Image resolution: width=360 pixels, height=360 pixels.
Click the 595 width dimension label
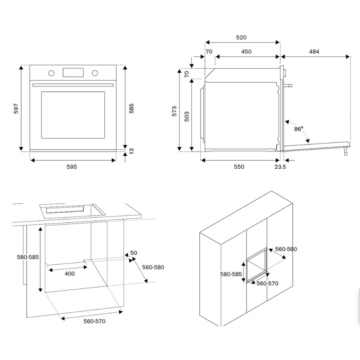point(72,167)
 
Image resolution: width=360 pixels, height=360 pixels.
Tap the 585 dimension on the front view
point(131,108)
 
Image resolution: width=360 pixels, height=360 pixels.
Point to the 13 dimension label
point(131,152)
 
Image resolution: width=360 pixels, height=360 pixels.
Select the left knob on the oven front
point(51,73)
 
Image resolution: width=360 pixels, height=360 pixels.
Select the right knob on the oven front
point(95,73)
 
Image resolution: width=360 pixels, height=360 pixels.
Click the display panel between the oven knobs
point(73,72)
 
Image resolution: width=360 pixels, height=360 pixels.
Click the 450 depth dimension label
point(246,52)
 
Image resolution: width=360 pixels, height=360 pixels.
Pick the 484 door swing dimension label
point(314,52)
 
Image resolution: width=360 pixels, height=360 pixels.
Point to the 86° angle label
point(299,129)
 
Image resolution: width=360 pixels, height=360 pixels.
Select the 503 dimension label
point(186,116)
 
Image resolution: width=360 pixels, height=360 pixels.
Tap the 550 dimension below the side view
point(238,167)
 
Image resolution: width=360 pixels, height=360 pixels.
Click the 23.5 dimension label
point(280,167)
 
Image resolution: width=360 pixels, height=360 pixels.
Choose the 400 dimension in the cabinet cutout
point(69,273)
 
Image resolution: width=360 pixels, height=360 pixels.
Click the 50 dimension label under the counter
point(134,253)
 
